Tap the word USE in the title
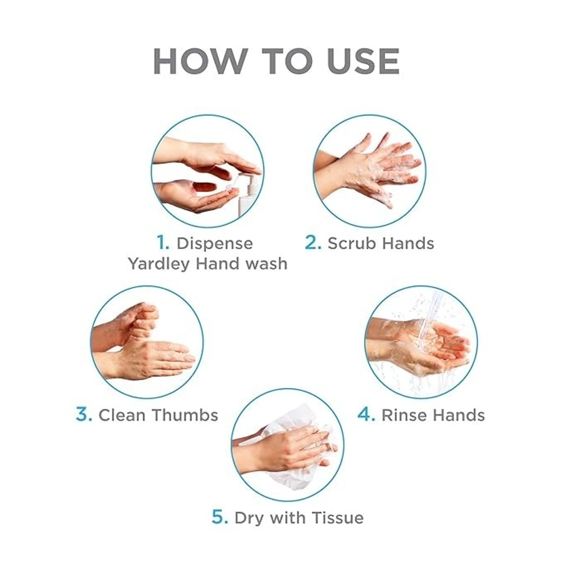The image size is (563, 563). click(363, 61)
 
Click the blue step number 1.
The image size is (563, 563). click(163, 243)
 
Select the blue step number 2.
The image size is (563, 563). click(313, 243)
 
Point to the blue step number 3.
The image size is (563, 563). click(84, 415)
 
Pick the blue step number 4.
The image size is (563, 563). click(366, 415)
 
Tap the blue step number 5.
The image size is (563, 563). click(220, 517)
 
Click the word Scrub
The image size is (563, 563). click(347, 243)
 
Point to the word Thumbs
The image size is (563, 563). click(185, 415)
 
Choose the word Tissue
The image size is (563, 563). click(338, 517)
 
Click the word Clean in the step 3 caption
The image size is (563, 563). click(122, 415)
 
